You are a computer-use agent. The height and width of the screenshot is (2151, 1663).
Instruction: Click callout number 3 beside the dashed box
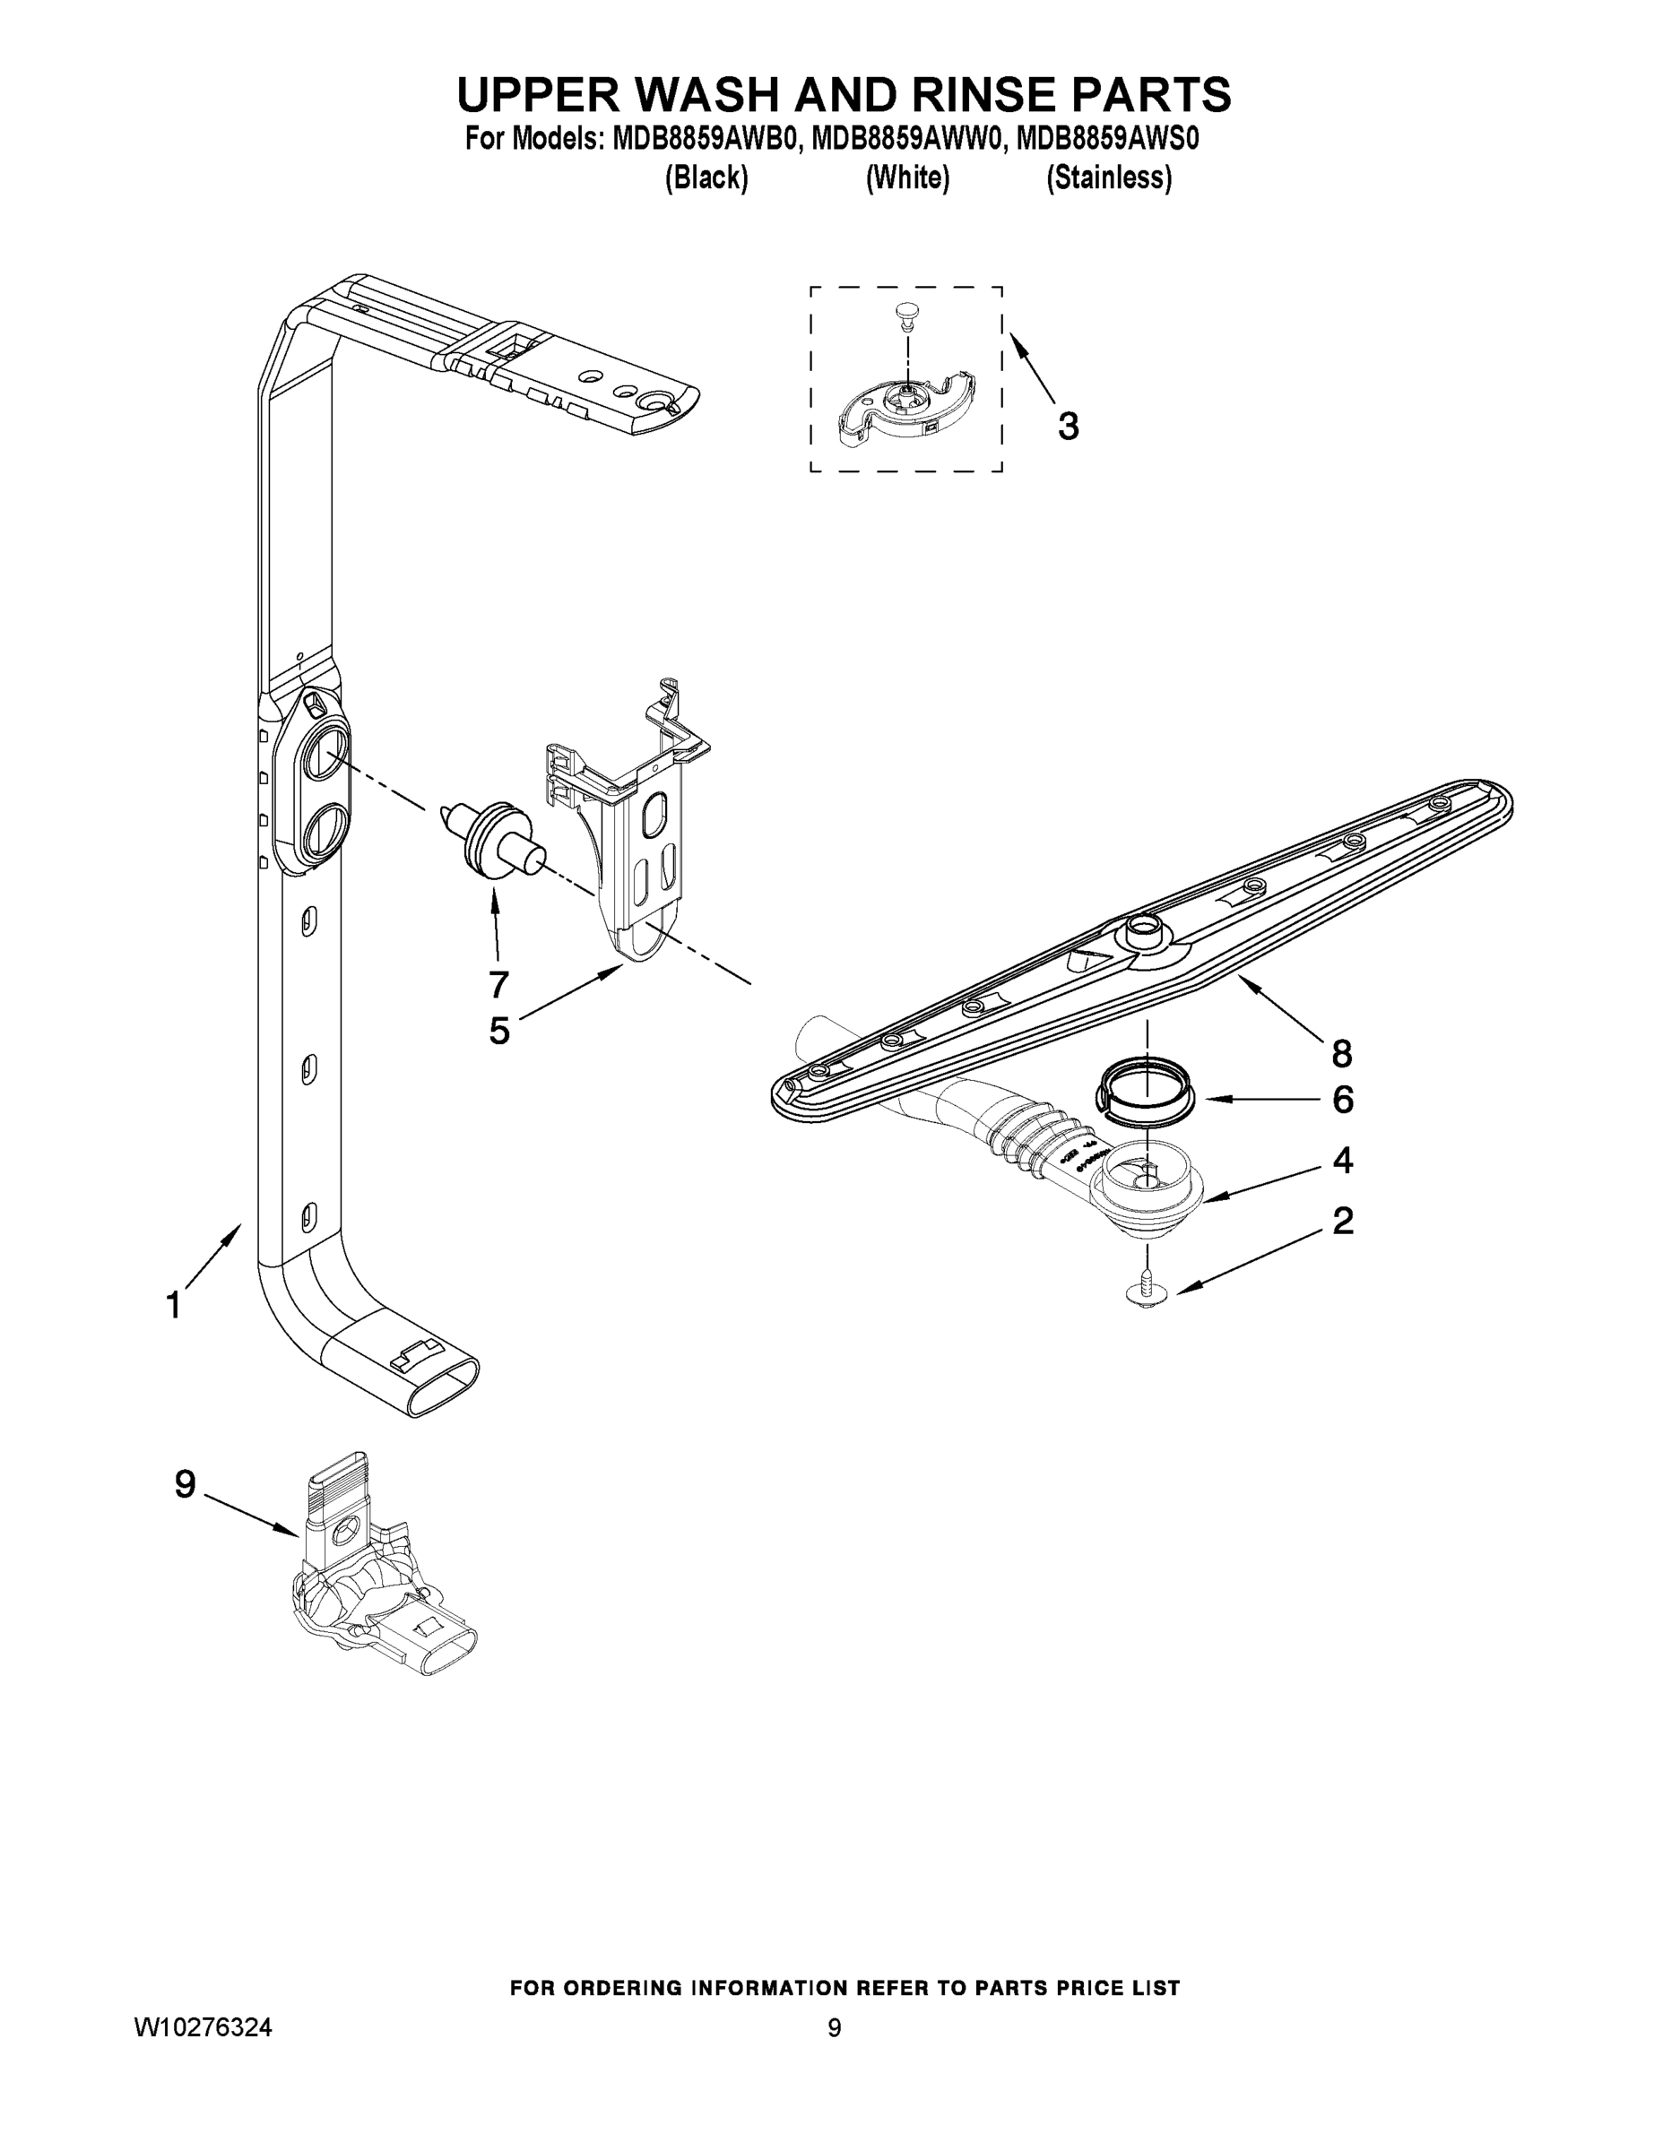pos(1068,427)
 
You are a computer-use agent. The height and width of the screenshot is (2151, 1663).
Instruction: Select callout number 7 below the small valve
pos(498,983)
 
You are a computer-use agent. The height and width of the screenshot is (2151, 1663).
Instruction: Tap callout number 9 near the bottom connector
pos(186,1484)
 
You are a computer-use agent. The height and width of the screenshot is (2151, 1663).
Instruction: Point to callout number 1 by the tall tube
pos(173,1306)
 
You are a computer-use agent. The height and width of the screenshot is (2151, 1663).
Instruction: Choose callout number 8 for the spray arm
pos(1341,1054)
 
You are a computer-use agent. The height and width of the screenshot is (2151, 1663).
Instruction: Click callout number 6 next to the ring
pos(1342,1100)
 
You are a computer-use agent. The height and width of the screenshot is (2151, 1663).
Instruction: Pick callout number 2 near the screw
pos(1342,1222)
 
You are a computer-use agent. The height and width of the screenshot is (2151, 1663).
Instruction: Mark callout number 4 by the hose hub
pos(1342,1161)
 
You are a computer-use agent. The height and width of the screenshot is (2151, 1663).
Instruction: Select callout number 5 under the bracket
pos(499,1030)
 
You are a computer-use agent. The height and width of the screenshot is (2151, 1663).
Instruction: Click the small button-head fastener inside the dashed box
pos(905,313)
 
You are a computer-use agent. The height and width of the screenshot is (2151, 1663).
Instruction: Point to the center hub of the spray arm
pos(1143,927)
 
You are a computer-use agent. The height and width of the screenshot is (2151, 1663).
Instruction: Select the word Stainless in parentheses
pos(1108,178)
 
